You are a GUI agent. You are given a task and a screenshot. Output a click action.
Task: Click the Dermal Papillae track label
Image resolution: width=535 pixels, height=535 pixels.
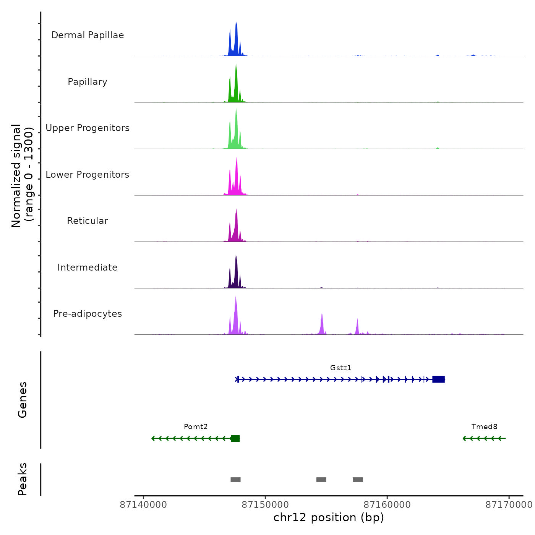coord(88,35)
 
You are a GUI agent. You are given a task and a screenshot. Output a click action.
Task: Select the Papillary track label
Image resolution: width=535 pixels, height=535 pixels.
coord(88,82)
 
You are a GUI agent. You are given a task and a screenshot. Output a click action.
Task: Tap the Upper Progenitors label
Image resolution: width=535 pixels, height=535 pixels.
coord(88,128)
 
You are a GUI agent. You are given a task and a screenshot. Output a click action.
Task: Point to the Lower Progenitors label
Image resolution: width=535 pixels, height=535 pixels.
coord(88,175)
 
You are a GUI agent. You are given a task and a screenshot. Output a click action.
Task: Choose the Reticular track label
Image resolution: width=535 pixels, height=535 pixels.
coord(88,221)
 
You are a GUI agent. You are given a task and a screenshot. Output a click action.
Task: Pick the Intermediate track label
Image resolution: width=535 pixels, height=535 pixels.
coord(88,267)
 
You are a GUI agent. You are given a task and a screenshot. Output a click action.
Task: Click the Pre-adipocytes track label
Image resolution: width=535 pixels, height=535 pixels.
coord(88,314)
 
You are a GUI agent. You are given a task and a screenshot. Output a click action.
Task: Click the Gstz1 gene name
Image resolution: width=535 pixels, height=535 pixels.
coord(340,368)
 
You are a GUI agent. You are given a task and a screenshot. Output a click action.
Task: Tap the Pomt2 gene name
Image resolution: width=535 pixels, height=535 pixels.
coord(196,426)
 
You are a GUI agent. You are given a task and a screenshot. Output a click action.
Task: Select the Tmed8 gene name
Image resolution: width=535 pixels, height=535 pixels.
coord(484,426)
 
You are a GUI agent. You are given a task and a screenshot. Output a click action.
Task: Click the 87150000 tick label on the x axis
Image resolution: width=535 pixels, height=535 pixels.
coord(265,505)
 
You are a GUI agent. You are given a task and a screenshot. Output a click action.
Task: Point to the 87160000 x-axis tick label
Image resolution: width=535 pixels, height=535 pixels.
coord(387,505)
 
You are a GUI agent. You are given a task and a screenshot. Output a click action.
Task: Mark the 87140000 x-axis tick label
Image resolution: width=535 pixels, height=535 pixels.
coord(143,505)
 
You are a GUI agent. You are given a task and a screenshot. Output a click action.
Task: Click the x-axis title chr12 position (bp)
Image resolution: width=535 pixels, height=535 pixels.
coord(329,517)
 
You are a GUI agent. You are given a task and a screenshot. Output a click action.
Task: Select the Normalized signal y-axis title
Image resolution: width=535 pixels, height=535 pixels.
coord(22,176)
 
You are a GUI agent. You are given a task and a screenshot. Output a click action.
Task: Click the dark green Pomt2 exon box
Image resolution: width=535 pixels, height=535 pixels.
coord(235,438)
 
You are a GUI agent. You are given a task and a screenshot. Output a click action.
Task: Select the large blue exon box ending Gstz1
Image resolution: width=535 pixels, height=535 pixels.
coord(438,379)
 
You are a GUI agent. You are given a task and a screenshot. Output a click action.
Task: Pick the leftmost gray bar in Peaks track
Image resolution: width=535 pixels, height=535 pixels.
coord(235,480)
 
